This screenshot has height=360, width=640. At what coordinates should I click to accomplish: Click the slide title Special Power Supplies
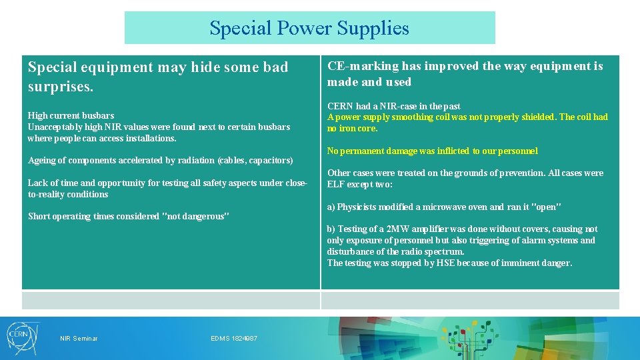(309, 28)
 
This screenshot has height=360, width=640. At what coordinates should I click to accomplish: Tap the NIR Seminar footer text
(79, 339)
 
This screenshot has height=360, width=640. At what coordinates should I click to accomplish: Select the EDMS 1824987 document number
(234, 339)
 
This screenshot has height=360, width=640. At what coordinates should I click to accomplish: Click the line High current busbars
(71, 115)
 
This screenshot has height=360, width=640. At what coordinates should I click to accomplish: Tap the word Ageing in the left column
(42, 161)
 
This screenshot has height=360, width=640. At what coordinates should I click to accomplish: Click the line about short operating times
(128, 216)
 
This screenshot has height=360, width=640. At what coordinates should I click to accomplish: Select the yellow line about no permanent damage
(432, 151)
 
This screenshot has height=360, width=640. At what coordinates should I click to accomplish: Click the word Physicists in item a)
(360, 206)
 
